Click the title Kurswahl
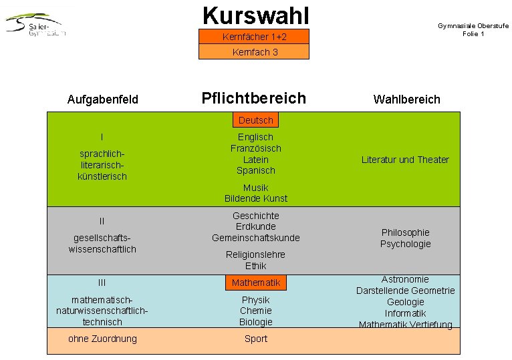click(x=255, y=14)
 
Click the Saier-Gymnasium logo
click(x=37, y=25)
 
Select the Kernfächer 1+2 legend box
click(x=254, y=36)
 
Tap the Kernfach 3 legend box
click(x=254, y=51)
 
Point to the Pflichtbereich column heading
click(x=253, y=98)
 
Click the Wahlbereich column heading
click(x=406, y=100)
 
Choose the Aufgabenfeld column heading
click(x=103, y=100)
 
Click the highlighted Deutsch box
click(x=255, y=120)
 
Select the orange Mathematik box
click(x=255, y=283)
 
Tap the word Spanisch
click(x=255, y=170)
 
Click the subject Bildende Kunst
click(x=255, y=198)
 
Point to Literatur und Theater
click(x=405, y=160)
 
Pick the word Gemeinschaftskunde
click(x=255, y=238)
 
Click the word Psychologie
click(x=405, y=244)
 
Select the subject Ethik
click(x=255, y=266)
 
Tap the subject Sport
click(x=255, y=339)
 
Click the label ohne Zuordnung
click(x=102, y=339)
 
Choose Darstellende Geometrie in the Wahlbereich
click(x=405, y=291)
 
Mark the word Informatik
click(x=405, y=313)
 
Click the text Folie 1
click(x=473, y=34)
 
